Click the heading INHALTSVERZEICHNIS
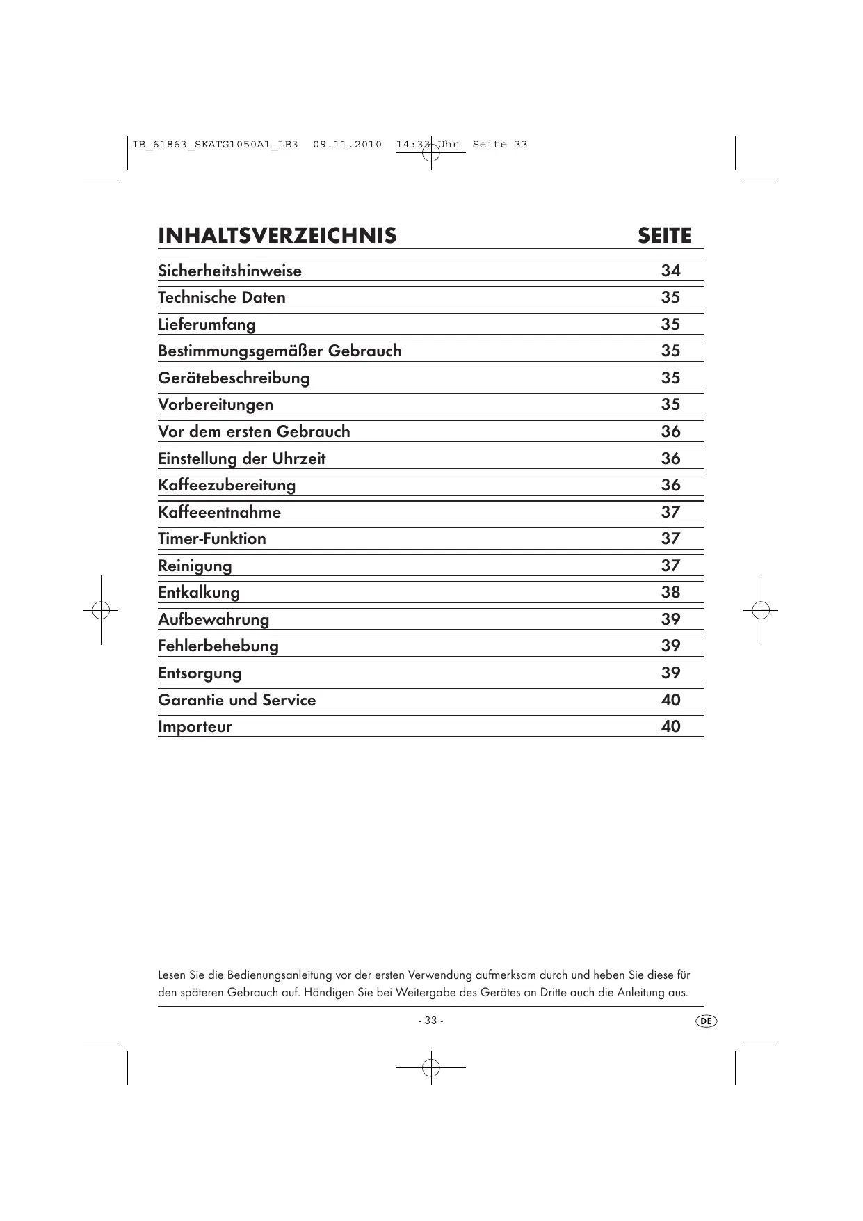277,236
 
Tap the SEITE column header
664,236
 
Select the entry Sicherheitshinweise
229,271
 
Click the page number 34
670,271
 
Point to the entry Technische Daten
221,298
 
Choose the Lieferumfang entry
207,325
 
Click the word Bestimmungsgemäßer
240,351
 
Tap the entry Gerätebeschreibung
234,378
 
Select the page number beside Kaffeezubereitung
670,485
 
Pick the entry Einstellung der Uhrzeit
241,459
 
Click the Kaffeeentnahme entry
219,513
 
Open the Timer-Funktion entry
211,539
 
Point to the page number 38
670,592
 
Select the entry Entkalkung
199,593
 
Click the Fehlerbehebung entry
218,646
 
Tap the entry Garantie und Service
236,700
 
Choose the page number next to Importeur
670,726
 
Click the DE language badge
705,1021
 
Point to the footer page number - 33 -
430,1021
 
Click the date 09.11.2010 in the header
347,145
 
